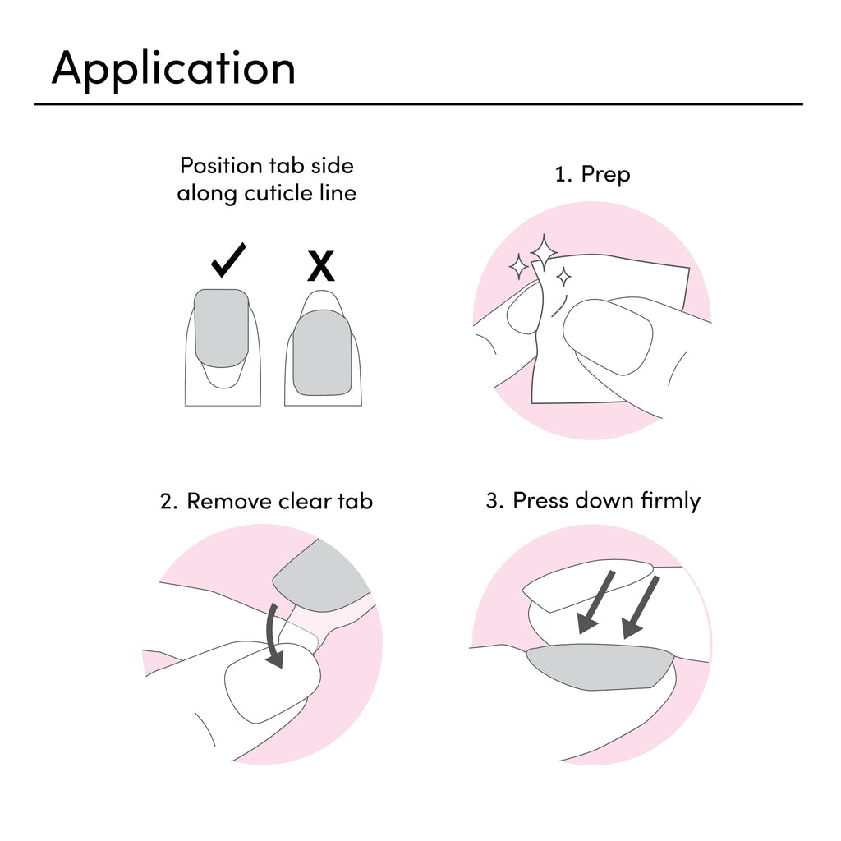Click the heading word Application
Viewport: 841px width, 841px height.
click(173, 68)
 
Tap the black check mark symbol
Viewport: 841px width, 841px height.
click(228, 260)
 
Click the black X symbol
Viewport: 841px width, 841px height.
click(321, 266)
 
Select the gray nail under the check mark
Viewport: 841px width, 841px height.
click(222, 329)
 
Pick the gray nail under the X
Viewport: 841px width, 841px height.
click(322, 352)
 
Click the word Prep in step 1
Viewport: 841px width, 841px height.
click(605, 175)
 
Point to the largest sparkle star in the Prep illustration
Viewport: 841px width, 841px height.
click(544, 251)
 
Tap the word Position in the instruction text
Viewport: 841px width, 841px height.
click(221, 166)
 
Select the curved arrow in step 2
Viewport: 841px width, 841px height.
click(275, 636)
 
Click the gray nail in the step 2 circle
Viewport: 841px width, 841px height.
click(321, 577)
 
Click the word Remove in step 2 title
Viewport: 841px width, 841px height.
click(229, 502)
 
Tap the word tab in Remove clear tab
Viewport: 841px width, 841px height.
click(355, 502)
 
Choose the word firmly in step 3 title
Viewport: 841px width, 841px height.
click(670, 501)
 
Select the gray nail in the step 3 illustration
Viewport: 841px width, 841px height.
click(600, 667)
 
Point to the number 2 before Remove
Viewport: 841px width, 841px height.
click(168, 502)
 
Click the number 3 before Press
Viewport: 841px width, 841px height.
click(494, 500)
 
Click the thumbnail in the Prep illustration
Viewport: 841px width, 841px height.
click(608, 337)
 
